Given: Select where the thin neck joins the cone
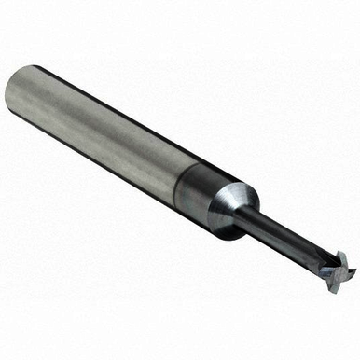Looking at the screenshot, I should pyautogui.click(x=248, y=213).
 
